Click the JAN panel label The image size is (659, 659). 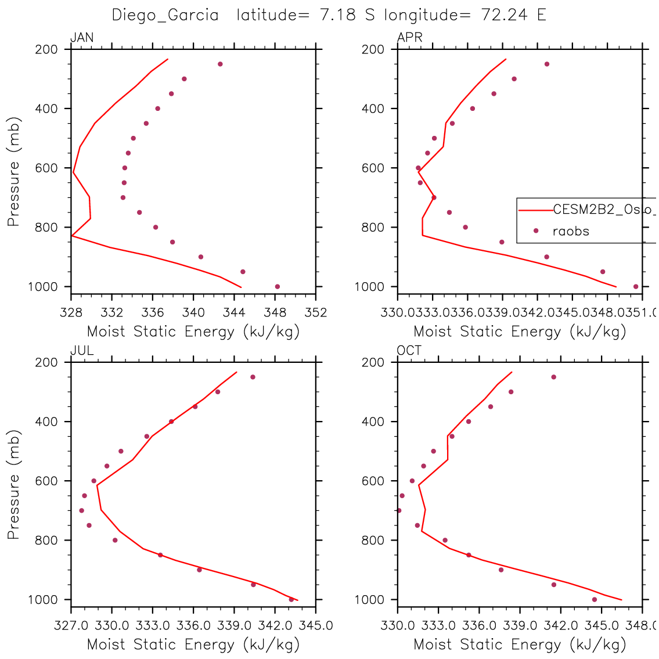(x=82, y=38)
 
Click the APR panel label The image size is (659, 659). (x=409, y=38)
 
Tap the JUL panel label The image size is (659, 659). (x=82, y=351)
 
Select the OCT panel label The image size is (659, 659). (x=409, y=351)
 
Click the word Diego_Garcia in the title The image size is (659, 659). (x=165, y=15)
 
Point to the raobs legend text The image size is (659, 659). (x=571, y=231)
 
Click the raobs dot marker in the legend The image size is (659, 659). (x=536, y=231)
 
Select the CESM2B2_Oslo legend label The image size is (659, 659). (x=604, y=210)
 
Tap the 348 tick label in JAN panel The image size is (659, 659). (x=275, y=313)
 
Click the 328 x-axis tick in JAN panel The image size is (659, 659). (x=71, y=313)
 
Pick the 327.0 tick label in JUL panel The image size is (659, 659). (x=71, y=626)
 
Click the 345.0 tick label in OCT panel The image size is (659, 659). (x=601, y=626)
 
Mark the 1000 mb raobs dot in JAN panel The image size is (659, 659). (x=277, y=286)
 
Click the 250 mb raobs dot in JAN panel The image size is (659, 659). (x=220, y=64)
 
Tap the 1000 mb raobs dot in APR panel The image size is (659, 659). (x=636, y=286)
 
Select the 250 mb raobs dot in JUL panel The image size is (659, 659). (x=253, y=377)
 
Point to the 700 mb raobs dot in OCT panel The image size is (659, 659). (x=399, y=510)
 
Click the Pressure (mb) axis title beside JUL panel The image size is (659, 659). (x=14, y=485)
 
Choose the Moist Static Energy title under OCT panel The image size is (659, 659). (x=520, y=644)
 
